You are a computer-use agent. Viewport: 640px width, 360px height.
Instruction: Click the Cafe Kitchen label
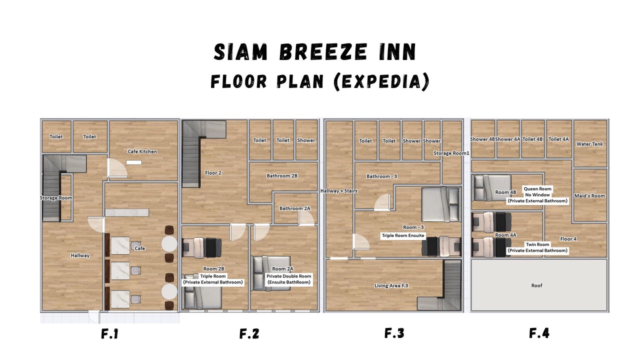tap(142, 151)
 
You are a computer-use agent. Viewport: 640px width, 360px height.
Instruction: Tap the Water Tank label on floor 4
tap(589, 144)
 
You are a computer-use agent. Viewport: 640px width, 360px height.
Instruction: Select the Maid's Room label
tap(589, 195)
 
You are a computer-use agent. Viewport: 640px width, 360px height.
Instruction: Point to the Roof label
tap(536, 285)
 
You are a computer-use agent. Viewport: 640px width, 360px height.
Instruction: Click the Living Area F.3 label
tap(391, 285)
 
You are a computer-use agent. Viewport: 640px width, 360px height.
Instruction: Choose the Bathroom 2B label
tap(282, 175)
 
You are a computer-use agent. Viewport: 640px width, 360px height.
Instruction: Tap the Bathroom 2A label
tap(295, 208)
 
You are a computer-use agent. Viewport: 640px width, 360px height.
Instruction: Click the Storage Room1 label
tap(451, 153)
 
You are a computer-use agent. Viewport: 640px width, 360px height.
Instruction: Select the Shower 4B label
tap(482, 139)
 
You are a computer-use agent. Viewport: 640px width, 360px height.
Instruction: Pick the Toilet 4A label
tap(558, 139)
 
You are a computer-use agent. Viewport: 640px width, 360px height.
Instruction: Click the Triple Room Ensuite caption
tap(403, 235)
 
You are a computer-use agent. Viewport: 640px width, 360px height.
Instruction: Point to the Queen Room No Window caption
tap(537, 191)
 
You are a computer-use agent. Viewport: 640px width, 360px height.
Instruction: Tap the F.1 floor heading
tap(109, 333)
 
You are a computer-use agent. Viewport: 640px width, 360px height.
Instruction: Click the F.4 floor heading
tap(539, 333)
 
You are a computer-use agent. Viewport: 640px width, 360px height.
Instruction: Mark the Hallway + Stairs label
tap(339, 191)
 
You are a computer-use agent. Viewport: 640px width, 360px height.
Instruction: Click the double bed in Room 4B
tap(491, 187)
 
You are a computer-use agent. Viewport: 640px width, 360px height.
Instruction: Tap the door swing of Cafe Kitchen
tap(117, 168)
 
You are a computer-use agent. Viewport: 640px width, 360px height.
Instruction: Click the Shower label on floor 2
tap(306, 140)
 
